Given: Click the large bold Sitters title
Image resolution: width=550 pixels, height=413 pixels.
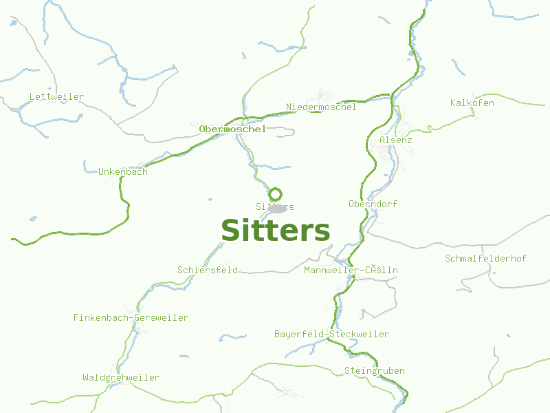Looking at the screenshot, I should click(275, 231).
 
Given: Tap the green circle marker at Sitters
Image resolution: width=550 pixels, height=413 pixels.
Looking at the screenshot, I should click(276, 194).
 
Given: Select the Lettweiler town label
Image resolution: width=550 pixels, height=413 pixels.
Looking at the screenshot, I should click(56, 97).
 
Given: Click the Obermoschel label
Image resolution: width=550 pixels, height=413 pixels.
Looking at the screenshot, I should click(232, 129).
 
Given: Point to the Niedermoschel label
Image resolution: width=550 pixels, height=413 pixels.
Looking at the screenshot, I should click(321, 107).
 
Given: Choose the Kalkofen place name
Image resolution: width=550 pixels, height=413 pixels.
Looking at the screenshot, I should click(472, 103).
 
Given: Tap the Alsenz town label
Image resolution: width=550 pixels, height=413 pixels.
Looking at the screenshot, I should click(395, 140).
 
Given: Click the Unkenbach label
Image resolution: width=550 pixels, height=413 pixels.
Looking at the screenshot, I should click(123, 172).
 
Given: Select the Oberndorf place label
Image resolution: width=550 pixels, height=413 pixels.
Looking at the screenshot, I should click(373, 204).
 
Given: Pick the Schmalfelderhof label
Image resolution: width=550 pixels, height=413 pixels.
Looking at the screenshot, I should click(485, 259).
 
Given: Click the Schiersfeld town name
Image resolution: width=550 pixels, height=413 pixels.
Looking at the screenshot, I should click(208, 271).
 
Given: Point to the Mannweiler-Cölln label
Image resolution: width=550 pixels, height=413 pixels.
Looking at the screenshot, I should click(351, 271).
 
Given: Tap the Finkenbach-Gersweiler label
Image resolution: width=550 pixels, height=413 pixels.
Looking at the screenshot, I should click(131, 318).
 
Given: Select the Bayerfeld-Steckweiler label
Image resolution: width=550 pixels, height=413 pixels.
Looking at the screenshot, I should click(331, 335).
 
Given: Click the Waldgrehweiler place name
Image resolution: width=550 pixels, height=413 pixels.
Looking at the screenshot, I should click(121, 378).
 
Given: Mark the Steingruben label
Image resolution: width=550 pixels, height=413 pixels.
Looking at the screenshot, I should click(374, 371).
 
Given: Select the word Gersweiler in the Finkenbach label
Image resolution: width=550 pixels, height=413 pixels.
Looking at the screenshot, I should click(162, 318).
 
